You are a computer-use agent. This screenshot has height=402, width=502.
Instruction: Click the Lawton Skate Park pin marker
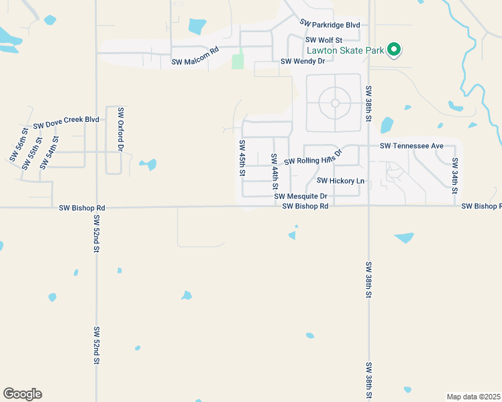(x=395, y=49)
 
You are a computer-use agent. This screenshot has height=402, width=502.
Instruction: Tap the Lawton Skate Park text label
(x=345, y=50)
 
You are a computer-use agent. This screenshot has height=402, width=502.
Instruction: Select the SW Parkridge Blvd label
(x=330, y=25)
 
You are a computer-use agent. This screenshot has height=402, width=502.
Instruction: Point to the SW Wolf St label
(x=324, y=40)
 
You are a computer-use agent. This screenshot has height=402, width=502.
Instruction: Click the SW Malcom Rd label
(x=195, y=61)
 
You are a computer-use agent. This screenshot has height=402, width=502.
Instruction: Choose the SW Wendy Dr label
(x=302, y=61)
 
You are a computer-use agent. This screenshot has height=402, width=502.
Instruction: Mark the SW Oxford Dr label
(x=121, y=128)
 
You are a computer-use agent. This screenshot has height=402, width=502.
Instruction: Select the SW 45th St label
(x=242, y=158)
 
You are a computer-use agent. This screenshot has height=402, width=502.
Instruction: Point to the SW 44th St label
(x=274, y=172)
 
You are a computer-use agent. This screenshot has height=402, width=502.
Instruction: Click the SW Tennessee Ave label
(x=411, y=145)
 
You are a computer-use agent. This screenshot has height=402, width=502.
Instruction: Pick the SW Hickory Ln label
(x=340, y=180)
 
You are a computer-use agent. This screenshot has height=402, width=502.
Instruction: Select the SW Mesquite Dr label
(x=300, y=196)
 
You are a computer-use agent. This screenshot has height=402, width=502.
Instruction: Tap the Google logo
(x=22, y=394)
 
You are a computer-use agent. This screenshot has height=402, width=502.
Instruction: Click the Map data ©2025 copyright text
(x=473, y=396)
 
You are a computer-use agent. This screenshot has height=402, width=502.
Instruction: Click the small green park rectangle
(x=238, y=62)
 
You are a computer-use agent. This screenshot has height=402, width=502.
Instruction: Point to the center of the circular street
(x=334, y=103)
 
